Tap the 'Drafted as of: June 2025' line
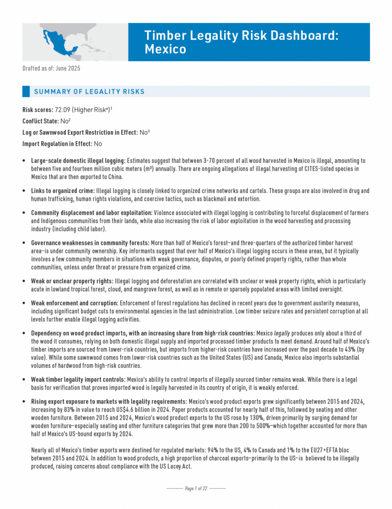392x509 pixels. (x=51, y=68)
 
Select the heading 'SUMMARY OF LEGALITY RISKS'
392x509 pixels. (x=89, y=91)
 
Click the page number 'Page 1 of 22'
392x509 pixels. (x=196, y=489)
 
